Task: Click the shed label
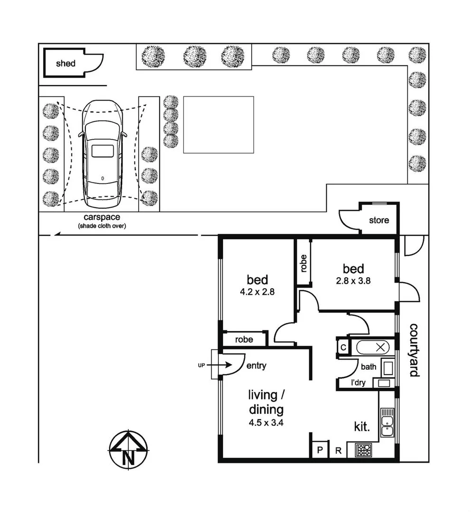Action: point(66,64)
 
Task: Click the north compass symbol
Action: point(128,450)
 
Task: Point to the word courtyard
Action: point(414,349)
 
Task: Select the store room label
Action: point(379,220)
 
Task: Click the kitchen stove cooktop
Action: point(364,449)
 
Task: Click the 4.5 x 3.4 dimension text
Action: point(266,423)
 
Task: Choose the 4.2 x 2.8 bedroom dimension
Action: point(257,292)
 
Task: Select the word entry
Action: point(256,366)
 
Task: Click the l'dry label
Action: point(358,383)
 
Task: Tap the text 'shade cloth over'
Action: point(102,226)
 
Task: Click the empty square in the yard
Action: point(218,125)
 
